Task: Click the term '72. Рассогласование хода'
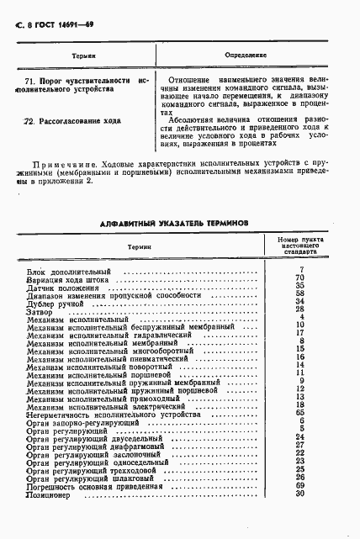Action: [71, 121]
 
